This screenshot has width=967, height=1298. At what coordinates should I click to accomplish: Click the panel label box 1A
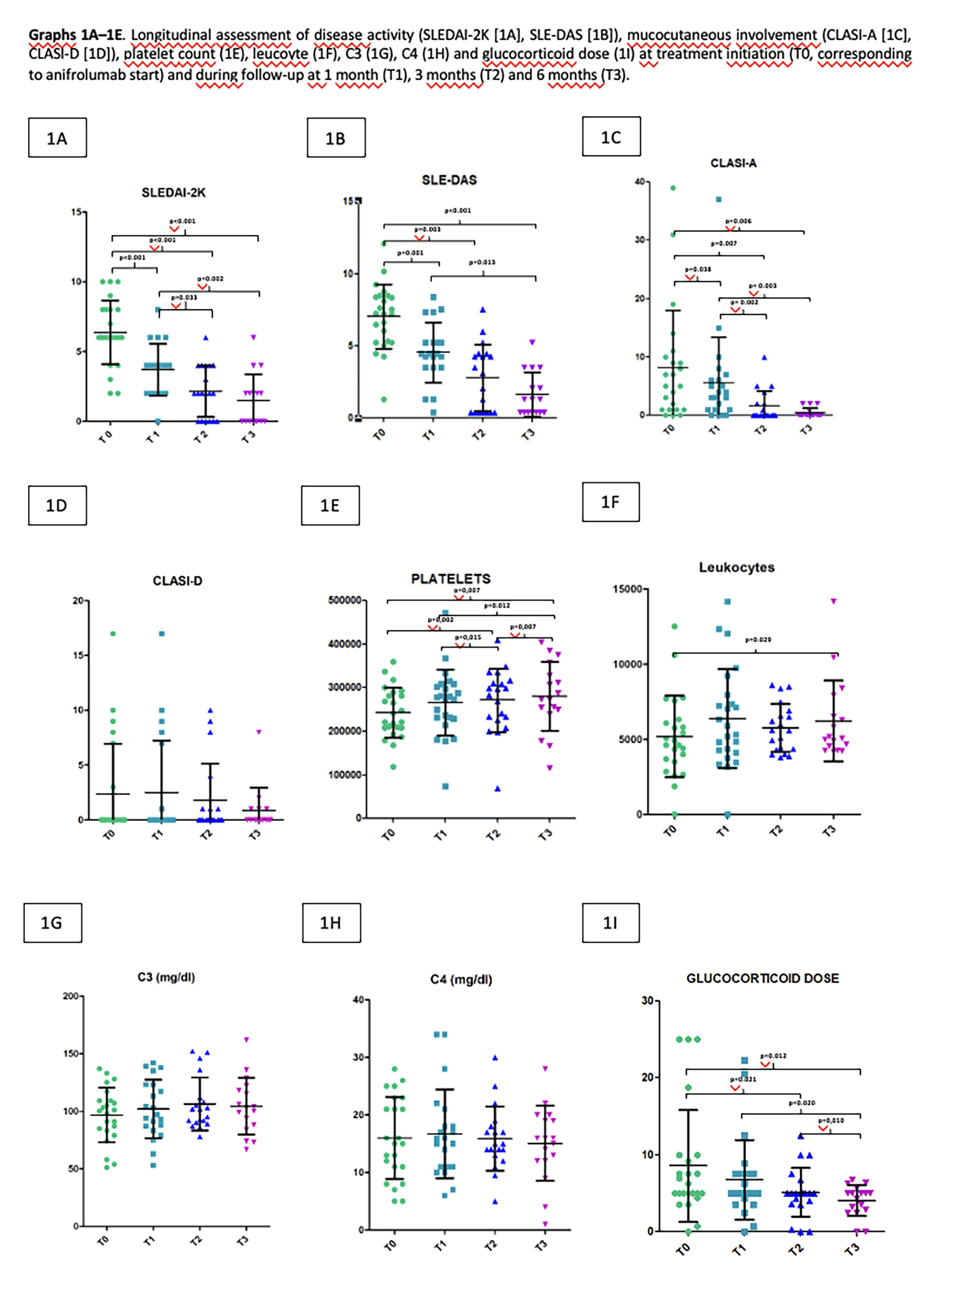click(x=58, y=138)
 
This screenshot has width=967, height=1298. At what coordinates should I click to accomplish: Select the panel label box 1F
click(x=611, y=502)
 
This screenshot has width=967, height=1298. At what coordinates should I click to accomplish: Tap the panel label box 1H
click(x=331, y=923)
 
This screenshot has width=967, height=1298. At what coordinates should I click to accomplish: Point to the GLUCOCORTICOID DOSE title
click(x=762, y=978)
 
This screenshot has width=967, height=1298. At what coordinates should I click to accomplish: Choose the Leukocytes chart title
click(x=736, y=567)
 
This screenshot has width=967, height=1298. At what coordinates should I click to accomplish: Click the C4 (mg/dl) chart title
click(x=461, y=979)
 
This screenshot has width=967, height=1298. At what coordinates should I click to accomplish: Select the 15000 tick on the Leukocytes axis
click(x=627, y=589)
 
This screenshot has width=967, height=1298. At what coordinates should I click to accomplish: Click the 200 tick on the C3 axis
click(x=70, y=995)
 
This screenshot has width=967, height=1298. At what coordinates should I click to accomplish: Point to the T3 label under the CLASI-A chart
click(x=807, y=429)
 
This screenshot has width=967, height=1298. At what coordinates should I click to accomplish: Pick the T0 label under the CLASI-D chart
click(x=109, y=834)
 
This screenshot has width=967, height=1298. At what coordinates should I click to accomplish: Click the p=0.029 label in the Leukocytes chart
click(x=758, y=639)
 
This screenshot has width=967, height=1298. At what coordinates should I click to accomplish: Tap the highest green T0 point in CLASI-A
click(x=673, y=188)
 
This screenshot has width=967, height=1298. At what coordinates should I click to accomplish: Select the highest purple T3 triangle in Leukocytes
click(x=834, y=601)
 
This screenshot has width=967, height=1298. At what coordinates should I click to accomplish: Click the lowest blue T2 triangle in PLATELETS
click(x=498, y=789)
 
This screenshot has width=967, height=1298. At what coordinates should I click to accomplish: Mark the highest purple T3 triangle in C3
click(x=247, y=1039)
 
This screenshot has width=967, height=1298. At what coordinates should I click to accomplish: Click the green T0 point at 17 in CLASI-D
click(x=113, y=634)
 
